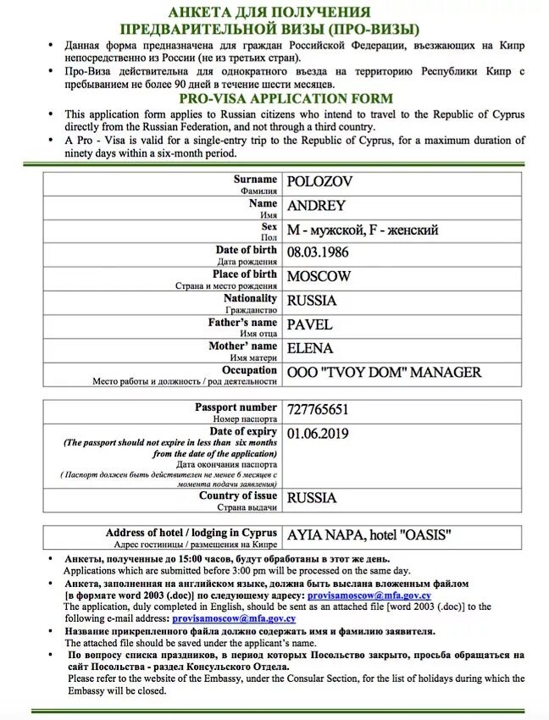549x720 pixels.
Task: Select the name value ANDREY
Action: pyautogui.click(x=316, y=206)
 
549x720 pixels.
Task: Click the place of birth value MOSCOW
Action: pyautogui.click(x=319, y=276)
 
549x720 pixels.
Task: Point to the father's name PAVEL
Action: pyautogui.click(x=310, y=324)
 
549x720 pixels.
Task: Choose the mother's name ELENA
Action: pyautogui.click(x=310, y=348)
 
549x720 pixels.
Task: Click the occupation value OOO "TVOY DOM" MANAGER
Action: pyautogui.click(x=385, y=372)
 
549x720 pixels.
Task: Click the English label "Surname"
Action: pyautogui.click(x=255, y=180)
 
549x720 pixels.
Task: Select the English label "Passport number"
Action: pyautogui.click(x=236, y=407)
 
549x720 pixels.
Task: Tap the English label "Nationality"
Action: pyautogui.click(x=250, y=298)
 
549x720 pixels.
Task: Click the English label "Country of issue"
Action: pyautogui.click(x=238, y=496)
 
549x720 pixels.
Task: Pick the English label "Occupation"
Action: pyautogui.click(x=249, y=370)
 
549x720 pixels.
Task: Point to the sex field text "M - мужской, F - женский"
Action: pyautogui.click(x=363, y=230)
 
